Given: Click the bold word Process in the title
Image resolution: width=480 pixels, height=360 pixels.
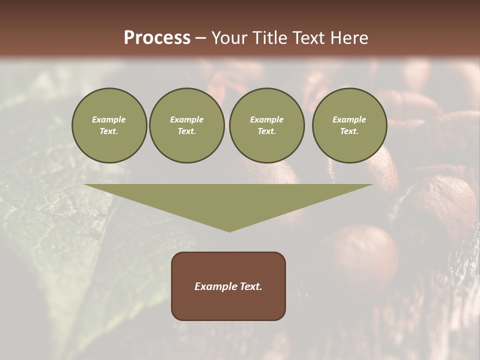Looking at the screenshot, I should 157,38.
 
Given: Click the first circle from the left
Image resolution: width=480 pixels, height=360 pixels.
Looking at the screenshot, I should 109,125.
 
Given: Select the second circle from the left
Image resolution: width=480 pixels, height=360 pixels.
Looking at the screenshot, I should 187,125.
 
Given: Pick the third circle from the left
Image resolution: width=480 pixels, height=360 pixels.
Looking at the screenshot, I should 267,125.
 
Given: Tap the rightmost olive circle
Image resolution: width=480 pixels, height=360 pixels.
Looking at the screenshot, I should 349,125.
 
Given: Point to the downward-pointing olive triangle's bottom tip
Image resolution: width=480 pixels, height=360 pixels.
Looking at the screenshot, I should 229,231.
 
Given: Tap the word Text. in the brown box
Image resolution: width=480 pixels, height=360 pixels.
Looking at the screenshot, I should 251,286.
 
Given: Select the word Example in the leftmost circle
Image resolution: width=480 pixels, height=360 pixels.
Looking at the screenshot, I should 109,119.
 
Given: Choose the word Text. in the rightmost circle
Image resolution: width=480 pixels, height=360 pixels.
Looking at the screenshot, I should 349,131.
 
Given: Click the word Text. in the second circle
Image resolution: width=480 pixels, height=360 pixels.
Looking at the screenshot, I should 187,131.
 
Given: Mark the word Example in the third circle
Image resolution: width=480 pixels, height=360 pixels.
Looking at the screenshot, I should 267,119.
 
